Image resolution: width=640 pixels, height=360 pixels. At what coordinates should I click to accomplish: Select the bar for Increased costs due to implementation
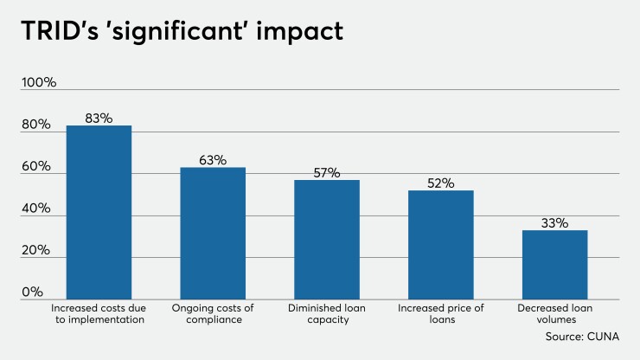click(x=99, y=212)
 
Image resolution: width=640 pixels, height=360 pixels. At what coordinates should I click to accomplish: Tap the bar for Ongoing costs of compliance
click(x=213, y=233)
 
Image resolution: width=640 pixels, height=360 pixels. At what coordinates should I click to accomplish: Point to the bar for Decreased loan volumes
click(x=554, y=264)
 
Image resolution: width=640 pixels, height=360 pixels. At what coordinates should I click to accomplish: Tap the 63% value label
click(x=213, y=160)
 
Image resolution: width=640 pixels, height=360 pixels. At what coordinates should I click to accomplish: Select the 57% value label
click(x=327, y=172)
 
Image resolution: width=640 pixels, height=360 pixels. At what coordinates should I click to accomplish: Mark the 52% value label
click(x=441, y=183)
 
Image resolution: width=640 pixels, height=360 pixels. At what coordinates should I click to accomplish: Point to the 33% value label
click(x=554, y=222)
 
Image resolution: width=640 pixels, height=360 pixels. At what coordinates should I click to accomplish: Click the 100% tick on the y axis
click(x=39, y=83)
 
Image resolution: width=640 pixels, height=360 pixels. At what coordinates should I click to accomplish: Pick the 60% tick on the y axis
click(x=38, y=167)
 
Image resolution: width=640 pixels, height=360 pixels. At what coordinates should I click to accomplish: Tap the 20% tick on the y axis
click(x=38, y=251)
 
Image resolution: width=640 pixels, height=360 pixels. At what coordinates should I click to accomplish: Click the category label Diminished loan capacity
click(x=327, y=314)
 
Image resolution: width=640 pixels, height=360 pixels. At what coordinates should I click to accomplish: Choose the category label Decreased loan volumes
click(x=554, y=314)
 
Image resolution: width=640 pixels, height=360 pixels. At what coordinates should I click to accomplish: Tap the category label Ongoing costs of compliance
click(x=213, y=314)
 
